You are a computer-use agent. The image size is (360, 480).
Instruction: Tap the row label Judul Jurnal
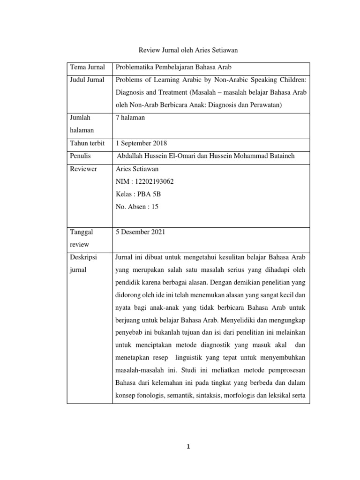click(x=87, y=80)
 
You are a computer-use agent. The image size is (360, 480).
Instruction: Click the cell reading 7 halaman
click(x=130, y=118)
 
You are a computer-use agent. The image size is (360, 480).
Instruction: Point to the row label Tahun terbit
click(x=87, y=143)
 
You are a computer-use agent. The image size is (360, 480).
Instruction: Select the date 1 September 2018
click(x=141, y=143)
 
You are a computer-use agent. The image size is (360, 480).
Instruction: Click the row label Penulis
click(x=80, y=156)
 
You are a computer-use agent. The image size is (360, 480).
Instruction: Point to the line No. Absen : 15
click(x=137, y=206)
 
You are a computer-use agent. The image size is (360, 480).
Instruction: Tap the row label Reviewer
click(x=83, y=169)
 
